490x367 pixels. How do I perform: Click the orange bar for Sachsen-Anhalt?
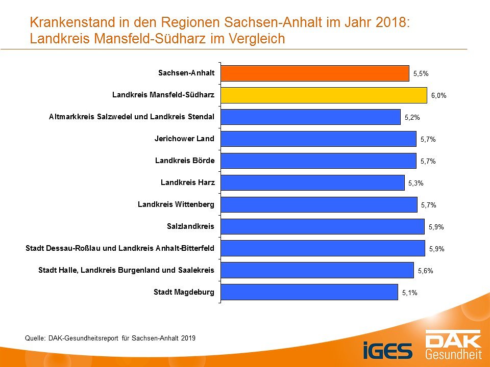[x=315, y=73]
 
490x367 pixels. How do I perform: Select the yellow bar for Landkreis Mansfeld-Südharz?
[x=324, y=95]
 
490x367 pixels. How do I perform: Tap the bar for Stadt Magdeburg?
[x=309, y=292]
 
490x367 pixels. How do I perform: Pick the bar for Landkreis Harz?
[x=312, y=182]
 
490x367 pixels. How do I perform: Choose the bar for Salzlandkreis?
[x=323, y=226]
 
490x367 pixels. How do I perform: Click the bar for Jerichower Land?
[x=318, y=139]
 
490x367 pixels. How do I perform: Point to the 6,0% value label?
[x=438, y=96]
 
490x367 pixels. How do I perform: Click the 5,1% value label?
[x=409, y=293]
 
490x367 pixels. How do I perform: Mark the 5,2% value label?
[x=412, y=117]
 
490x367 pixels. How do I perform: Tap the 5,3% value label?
[x=416, y=183]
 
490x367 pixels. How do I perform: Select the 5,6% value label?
[x=425, y=271]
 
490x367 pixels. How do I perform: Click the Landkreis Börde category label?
[x=185, y=161]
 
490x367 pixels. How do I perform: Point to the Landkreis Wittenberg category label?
[x=176, y=204]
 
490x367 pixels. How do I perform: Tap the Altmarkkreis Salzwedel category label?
[x=132, y=117]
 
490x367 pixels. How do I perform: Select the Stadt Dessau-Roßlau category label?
[x=120, y=248]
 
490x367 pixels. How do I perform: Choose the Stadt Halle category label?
[x=126, y=270]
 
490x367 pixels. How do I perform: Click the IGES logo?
[x=388, y=350]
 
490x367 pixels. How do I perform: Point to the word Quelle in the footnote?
[x=35, y=337]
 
